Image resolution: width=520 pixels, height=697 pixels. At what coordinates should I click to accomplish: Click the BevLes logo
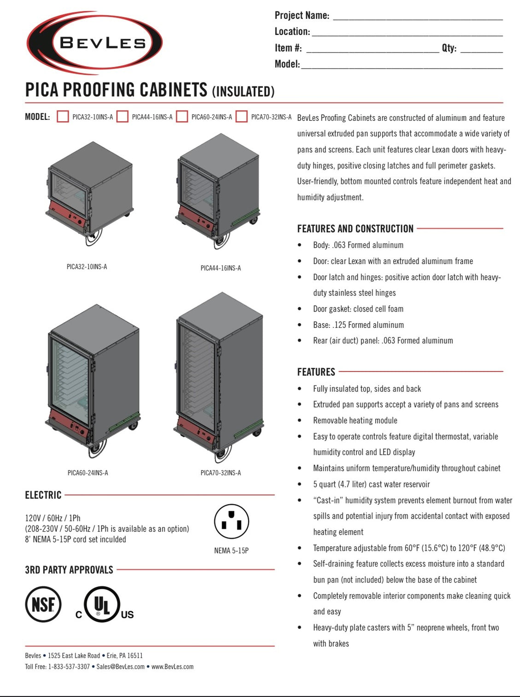(x=95, y=43)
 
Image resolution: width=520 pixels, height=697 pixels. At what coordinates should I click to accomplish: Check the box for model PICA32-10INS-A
(x=63, y=117)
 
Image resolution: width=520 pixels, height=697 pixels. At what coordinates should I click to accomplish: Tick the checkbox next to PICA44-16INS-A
(x=122, y=117)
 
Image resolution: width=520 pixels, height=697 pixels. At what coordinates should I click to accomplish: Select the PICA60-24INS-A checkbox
(x=182, y=117)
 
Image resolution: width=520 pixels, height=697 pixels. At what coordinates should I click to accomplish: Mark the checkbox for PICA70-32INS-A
(x=242, y=117)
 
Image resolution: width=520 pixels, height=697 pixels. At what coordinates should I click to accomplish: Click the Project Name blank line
(x=417, y=17)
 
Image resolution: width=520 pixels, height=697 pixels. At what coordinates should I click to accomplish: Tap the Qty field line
(x=481, y=49)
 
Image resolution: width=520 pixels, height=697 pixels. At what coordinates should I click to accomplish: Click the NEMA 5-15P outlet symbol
(x=231, y=521)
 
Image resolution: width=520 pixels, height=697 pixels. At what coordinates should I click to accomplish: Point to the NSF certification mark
(x=43, y=604)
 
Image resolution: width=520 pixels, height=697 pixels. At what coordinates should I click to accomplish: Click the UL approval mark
(x=102, y=605)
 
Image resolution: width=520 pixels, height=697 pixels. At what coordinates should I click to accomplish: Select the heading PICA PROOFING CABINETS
(x=116, y=90)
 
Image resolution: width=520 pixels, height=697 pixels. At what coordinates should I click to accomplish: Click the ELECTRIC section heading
(x=43, y=495)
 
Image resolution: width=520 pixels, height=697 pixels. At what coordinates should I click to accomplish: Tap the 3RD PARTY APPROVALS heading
(x=69, y=570)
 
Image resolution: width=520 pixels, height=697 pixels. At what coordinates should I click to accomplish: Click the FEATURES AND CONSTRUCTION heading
(x=355, y=229)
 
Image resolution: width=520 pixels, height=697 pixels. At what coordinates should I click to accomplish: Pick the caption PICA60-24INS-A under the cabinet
(x=88, y=473)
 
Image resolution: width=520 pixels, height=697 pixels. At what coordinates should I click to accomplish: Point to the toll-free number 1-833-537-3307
(x=69, y=667)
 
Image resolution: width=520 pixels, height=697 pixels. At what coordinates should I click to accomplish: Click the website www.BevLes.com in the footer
(x=172, y=667)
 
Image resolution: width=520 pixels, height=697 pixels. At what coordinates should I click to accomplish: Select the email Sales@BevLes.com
(x=120, y=667)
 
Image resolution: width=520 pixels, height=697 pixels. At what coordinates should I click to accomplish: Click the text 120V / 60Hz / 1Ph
(x=53, y=518)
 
